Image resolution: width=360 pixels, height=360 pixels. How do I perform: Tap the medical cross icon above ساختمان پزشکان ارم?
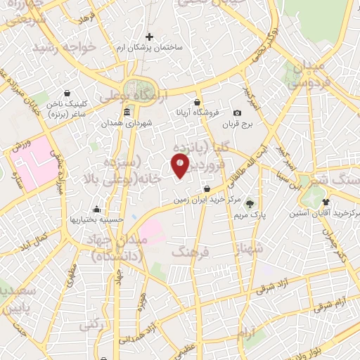pyautogui.click(x=148, y=37)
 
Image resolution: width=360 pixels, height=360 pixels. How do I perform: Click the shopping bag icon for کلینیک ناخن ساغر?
pyautogui.click(x=67, y=92)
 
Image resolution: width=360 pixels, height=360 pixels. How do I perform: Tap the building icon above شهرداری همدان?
pyautogui.click(x=127, y=112)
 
